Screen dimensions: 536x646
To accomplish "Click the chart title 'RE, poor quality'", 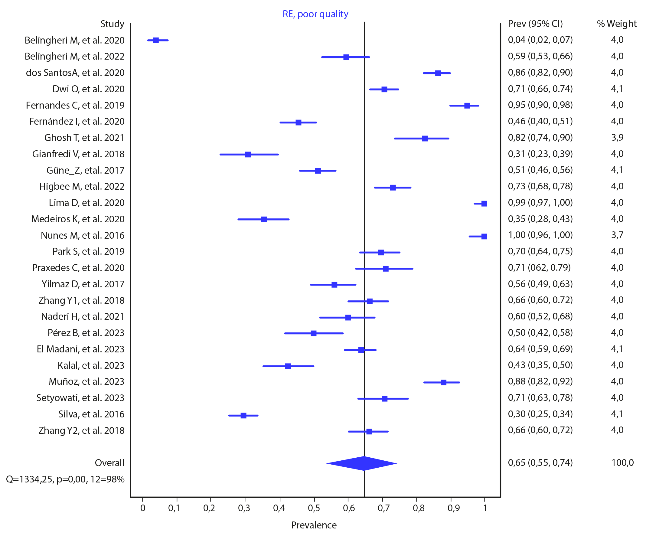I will [315, 14].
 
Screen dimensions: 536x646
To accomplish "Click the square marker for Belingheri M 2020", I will [156, 40].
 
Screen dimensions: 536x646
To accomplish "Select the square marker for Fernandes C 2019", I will [467, 106].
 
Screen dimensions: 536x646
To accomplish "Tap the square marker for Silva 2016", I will [243, 415].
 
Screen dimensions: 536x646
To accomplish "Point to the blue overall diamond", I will [362, 463].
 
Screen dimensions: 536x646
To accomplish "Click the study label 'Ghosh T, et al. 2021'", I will [84, 138].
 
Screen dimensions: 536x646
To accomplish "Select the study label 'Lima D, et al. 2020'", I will [86, 203].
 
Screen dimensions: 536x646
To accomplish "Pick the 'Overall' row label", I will [109, 463].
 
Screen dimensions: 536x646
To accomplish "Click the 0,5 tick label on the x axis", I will [314, 508].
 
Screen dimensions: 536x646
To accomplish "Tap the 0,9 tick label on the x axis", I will [454, 508].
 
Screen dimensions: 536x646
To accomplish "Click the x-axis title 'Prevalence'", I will [314, 525].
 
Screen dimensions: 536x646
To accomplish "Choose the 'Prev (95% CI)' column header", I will [535, 24].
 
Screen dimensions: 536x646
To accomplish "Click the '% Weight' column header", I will [616, 24].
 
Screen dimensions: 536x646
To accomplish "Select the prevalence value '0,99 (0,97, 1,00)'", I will [540, 202].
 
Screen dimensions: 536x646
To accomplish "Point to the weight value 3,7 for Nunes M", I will [617, 235].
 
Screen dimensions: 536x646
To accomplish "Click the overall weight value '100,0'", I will [623, 462].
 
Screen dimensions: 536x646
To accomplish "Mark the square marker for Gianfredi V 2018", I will [248, 154].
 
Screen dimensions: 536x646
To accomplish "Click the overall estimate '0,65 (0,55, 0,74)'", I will [540, 462].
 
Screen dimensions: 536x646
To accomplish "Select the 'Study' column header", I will [112, 24].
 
